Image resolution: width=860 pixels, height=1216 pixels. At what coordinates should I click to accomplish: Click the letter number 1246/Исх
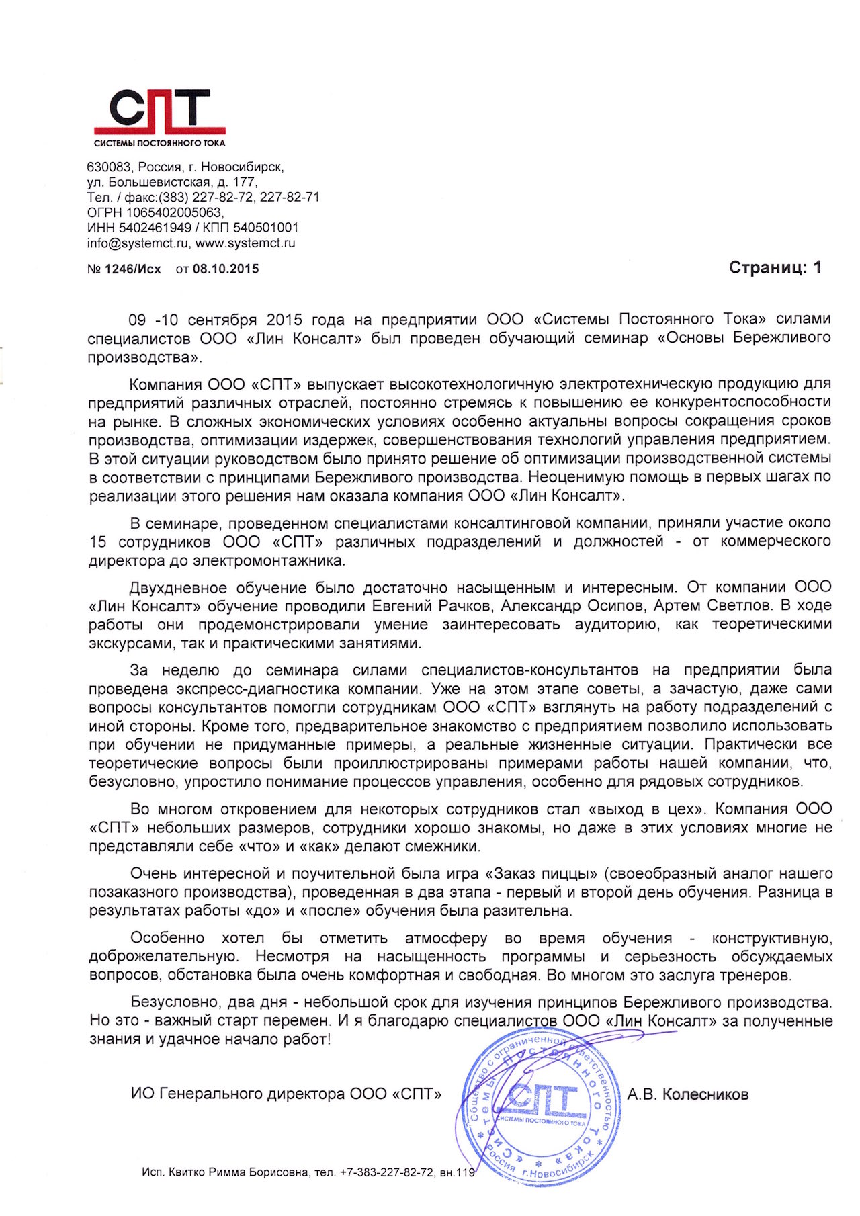click(x=133, y=269)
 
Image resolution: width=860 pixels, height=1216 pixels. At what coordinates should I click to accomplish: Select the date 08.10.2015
click(x=226, y=269)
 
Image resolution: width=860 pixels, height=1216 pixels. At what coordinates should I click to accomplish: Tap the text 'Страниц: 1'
click(x=775, y=268)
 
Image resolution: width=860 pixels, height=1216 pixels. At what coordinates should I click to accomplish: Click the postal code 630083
click(x=107, y=167)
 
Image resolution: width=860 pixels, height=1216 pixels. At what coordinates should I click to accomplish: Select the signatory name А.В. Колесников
click(x=687, y=1094)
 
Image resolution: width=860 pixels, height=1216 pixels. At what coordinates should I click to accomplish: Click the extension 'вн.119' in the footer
click(x=457, y=1172)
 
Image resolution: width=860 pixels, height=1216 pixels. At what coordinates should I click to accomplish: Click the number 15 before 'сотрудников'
click(x=97, y=541)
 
